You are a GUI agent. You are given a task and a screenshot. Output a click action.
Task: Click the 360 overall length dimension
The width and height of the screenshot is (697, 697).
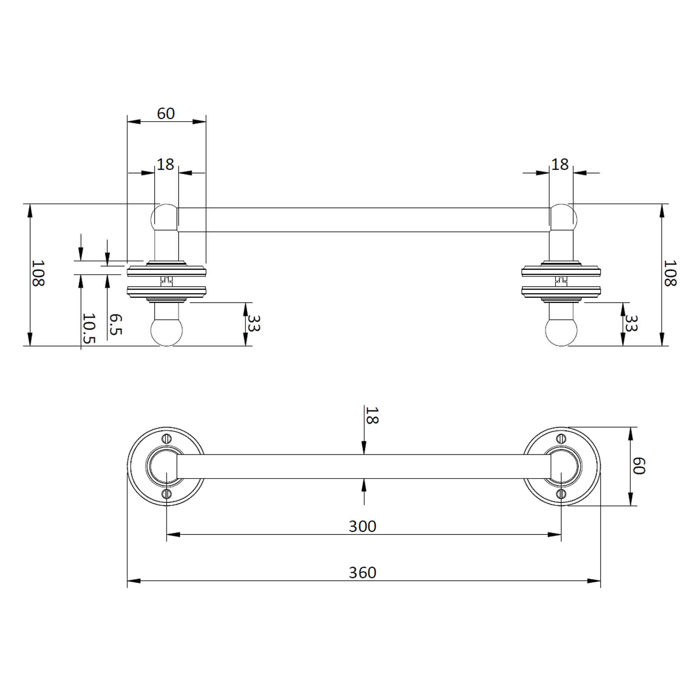(362, 573)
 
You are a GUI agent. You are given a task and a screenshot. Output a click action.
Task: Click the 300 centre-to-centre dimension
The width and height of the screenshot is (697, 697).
(362, 526)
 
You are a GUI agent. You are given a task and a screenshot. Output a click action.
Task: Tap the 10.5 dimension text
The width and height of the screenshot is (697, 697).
(89, 328)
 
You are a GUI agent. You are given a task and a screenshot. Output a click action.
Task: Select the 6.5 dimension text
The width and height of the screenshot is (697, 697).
(115, 324)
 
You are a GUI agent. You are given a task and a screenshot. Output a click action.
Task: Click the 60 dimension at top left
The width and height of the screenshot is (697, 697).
(166, 114)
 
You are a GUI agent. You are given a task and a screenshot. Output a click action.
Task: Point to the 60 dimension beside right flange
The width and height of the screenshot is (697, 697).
(638, 466)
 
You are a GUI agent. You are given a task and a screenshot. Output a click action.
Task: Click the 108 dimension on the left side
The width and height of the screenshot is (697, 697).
(38, 273)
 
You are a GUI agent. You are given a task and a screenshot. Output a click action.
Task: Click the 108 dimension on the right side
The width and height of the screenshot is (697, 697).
(670, 273)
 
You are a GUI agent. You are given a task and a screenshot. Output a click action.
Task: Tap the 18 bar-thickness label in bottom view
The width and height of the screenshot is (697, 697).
(372, 415)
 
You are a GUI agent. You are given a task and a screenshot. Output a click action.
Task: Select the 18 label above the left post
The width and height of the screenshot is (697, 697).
(165, 165)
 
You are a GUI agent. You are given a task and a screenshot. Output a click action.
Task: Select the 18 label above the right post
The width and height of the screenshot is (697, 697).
(560, 165)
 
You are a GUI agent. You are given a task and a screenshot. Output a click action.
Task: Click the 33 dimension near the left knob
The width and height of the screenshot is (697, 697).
(254, 323)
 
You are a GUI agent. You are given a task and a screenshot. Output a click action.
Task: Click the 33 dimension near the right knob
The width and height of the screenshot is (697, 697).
(631, 323)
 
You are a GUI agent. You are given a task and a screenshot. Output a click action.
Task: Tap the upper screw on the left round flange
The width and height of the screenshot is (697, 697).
(166, 438)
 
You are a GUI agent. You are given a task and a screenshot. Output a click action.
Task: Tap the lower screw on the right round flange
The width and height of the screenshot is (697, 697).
(561, 494)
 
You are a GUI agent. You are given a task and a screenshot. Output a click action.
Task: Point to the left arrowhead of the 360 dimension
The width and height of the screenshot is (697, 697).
(134, 581)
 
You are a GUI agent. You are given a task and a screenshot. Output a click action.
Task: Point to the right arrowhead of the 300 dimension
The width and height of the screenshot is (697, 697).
(554, 535)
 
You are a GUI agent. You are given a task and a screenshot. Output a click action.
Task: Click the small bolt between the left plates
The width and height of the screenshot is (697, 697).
(166, 280)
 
